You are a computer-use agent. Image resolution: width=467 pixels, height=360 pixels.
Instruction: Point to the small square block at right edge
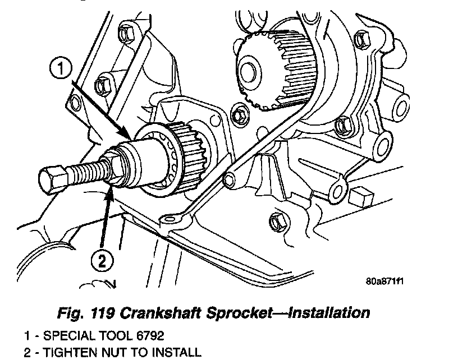[359, 197]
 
